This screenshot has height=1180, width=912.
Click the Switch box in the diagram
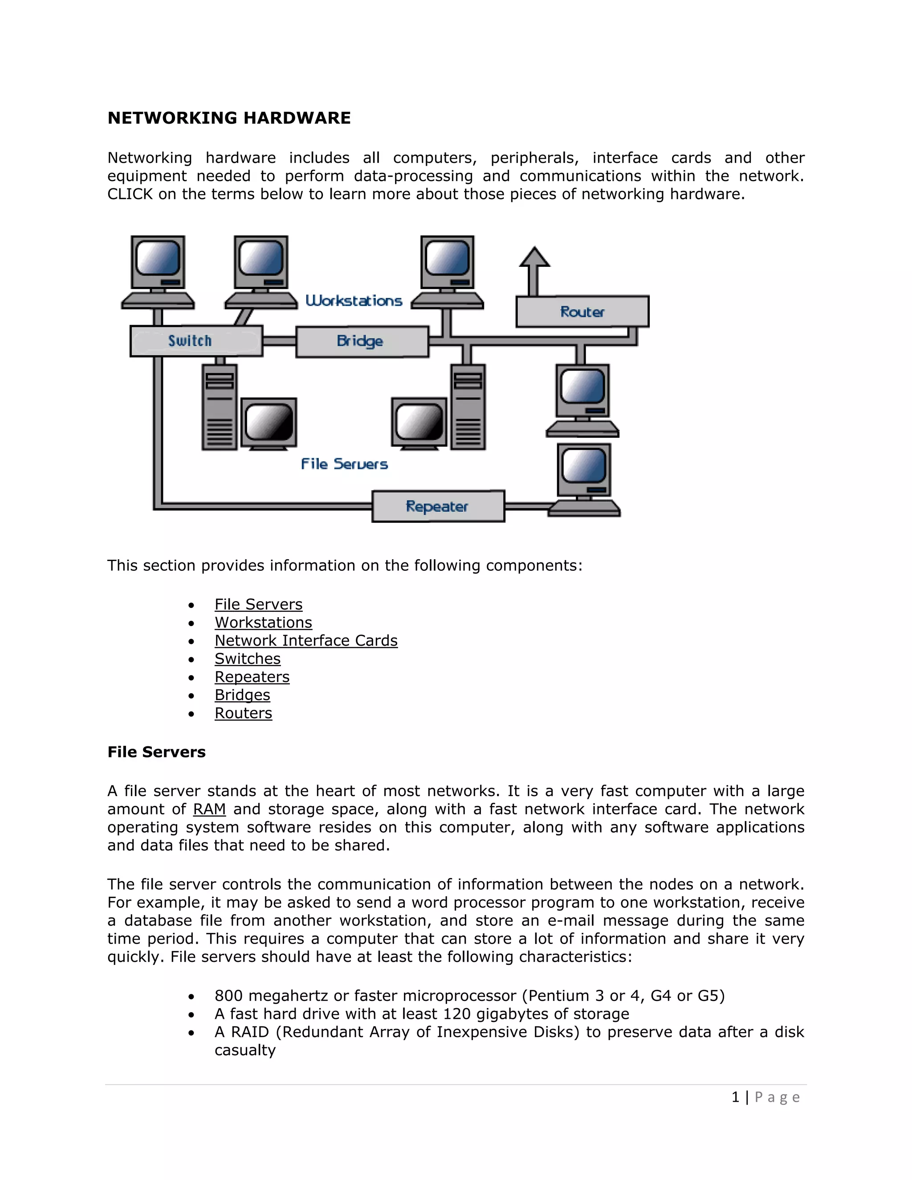196,341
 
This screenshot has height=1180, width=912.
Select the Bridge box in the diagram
362,342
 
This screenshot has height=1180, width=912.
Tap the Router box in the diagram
582,312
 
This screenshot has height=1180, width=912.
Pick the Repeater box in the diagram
438,506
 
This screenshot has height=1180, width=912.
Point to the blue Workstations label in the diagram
354,301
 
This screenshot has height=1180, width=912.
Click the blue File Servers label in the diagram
344,464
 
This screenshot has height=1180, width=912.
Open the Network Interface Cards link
306,641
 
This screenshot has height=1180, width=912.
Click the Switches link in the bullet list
248,659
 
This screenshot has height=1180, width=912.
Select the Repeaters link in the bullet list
252,677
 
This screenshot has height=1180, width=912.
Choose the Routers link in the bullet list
243,713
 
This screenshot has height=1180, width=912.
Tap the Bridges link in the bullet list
242,696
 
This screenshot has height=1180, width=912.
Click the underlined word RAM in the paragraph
209,810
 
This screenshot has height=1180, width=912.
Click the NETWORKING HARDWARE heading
229,118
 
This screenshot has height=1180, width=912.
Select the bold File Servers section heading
156,752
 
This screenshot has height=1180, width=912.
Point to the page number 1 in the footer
735,1097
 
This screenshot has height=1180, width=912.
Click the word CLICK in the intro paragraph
130,194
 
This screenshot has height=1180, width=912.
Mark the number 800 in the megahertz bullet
228,996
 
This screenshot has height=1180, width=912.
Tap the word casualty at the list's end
245,1050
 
